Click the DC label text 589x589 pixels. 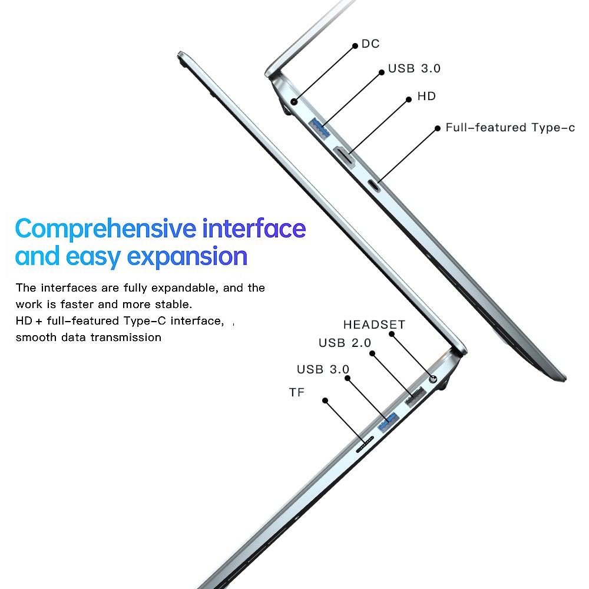tap(370, 44)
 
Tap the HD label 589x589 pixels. tap(426, 96)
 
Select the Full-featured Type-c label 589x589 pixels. tap(510, 127)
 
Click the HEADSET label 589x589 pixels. tap(374, 325)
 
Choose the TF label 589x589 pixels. tap(297, 392)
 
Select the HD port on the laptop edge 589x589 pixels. tap(345, 156)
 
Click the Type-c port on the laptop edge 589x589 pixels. tap(375, 184)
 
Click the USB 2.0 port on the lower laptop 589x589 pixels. tap(415, 397)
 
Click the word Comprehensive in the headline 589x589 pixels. tap(105, 228)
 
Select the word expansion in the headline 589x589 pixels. tap(187, 257)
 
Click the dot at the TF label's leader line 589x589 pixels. tap(325, 401)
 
